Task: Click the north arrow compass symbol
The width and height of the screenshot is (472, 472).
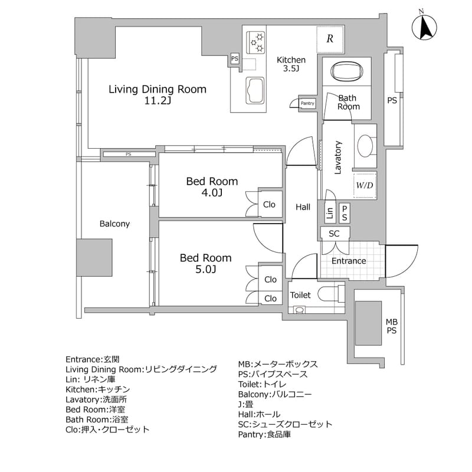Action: [x=424, y=27]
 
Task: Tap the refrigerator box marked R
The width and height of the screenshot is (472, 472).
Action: [x=330, y=40]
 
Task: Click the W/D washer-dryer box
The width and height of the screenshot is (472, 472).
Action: [x=364, y=186]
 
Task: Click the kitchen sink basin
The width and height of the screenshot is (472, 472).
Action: [x=255, y=90]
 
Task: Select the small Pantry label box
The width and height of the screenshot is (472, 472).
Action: [x=308, y=103]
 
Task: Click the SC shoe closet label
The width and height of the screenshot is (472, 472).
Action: [x=334, y=233]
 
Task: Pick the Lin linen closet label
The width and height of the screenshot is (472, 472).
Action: [x=330, y=212]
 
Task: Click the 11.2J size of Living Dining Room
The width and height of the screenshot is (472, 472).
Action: [x=157, y=101]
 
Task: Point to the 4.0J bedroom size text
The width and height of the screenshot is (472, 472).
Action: [x=212, y=193]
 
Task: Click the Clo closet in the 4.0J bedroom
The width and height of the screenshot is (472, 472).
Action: [x=269, y=204]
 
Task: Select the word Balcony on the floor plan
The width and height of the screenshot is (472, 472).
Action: [x=114, y=224]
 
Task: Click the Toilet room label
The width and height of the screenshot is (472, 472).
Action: [x=300, y=295]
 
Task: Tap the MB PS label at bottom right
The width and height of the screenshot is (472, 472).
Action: [x=391, y=326]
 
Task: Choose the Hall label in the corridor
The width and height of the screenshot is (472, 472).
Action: [x=303, y=206]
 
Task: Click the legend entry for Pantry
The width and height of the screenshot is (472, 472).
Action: [x=264, y=434]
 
